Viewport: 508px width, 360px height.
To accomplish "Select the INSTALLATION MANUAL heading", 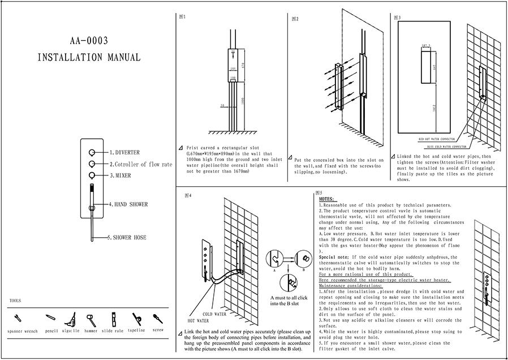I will [88, 58].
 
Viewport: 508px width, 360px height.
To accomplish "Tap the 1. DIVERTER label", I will [124, 153].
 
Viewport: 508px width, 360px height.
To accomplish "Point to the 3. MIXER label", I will [120, 175].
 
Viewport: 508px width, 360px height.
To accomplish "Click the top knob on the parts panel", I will [91, 153].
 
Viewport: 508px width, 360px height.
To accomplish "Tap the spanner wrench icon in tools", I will [18, 318].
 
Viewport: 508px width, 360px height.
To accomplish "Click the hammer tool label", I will [91, 331].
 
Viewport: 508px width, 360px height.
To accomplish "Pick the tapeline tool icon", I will [136, 318].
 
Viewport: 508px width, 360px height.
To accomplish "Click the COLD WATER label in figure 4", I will [214, 314].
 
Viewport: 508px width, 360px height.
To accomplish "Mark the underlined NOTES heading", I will [326, 199].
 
